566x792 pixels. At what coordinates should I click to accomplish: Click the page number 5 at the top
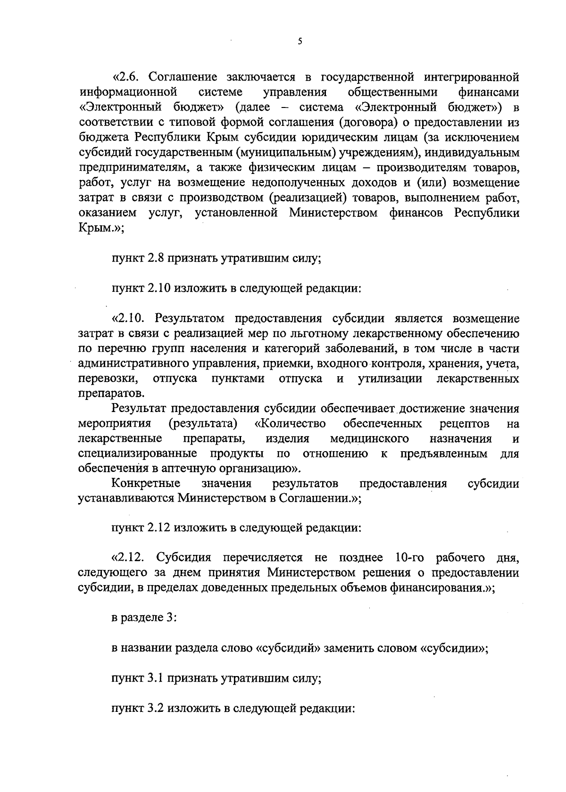tap(300, 41)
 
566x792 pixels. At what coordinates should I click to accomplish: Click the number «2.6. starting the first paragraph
tap(127, 76)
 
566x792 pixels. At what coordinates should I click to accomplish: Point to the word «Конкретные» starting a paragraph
tap(146, 484)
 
